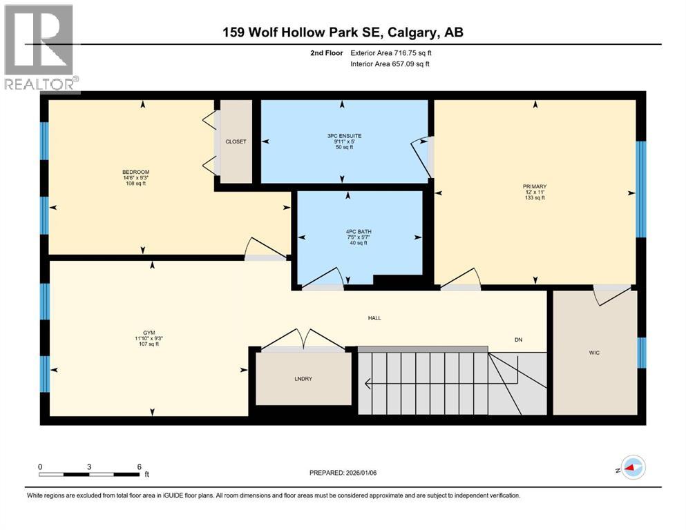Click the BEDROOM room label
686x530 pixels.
click(135, 172)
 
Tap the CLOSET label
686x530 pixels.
click(236, 141)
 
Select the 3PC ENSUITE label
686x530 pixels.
click(344, 136)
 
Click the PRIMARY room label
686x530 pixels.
click(534, 186)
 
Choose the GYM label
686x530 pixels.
click(149, 332)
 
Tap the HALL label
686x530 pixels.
click(374, 318)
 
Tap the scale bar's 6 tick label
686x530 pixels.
click(139, 467)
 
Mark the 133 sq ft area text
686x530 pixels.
click(534, 198)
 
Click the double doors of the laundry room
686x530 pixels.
click(302, 339)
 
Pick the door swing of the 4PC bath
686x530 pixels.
click(322, 279)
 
